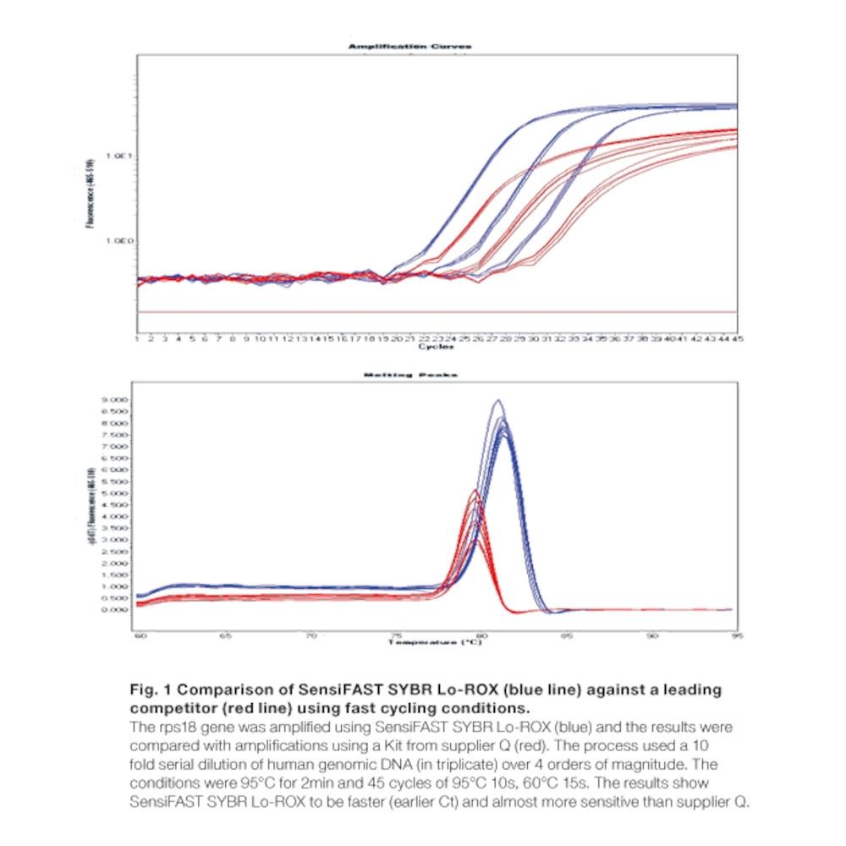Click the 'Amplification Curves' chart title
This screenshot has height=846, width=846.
click(409, 47)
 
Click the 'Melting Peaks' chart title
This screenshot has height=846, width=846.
click(410, 375)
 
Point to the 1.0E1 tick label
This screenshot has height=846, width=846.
click(118, 157)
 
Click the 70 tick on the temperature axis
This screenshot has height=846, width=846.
click(310, 634)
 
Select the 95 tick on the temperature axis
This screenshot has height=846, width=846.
click(736, 634)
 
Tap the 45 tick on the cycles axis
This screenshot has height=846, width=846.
click(737, 338)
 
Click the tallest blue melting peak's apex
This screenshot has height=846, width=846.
click(498, 400)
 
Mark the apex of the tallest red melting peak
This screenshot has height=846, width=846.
click(475, 491)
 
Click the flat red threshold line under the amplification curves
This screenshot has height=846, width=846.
click(423, 312)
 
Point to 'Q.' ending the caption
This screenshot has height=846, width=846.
click(742, 798)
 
